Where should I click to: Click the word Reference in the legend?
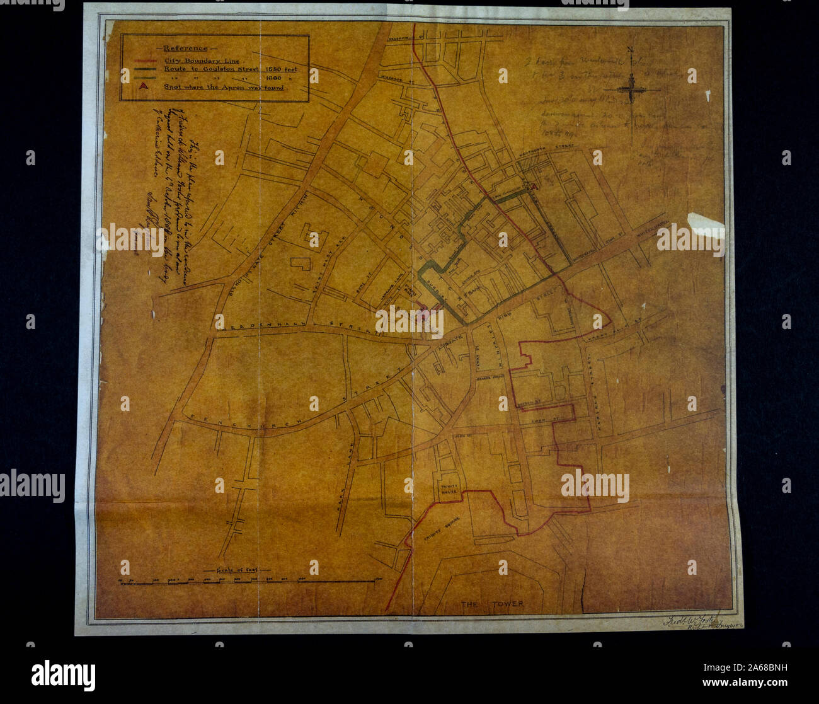(184, 49)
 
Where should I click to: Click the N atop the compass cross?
(630, 52)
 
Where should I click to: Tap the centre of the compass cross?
(630, 90)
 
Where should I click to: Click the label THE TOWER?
(492, 604)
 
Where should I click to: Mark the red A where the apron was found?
(533, 187)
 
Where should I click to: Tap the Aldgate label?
(449, 340)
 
